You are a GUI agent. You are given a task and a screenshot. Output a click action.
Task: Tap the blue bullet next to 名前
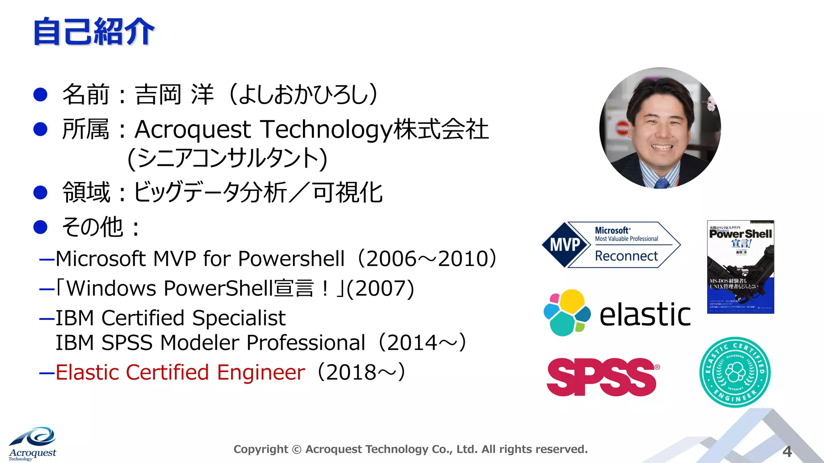click(x=40, y=94)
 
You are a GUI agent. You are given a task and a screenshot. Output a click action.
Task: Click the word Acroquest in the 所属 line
click(x=193, y=129)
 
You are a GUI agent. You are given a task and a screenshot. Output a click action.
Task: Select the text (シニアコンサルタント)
click(x=227, y=158)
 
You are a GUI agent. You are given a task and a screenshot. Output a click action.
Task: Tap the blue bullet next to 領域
click(x=40, y=192)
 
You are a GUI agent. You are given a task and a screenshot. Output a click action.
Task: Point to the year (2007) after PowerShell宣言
click(x=380, y=288)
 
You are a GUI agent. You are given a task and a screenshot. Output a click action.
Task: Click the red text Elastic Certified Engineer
click(x=180, y=372)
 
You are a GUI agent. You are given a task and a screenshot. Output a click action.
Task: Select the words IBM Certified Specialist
click(x=170, y=318)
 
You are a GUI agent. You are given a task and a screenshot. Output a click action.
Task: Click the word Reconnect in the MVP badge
click(x=626, y=256)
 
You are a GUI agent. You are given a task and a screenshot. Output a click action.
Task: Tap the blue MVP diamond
click(x=565, y=244)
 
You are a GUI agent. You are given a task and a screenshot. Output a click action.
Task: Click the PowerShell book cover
click(x=740, y=267)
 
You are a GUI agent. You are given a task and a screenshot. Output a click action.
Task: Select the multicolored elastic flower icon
click(x=566, y=312)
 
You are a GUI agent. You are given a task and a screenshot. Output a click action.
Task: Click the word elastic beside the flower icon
click(x=645, y=314)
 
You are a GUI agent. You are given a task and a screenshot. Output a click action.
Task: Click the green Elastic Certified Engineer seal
click(x=735, y=372)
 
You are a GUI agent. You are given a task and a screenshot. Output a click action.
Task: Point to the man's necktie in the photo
click(x=661, y=183)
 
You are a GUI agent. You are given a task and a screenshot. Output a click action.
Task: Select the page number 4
click(x=787, y=451)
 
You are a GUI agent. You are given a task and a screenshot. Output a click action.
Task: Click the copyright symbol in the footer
click(x=297, y=449)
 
